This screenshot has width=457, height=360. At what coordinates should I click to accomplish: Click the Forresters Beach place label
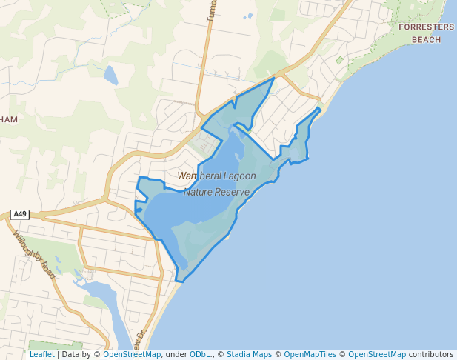click(x=426, y=33)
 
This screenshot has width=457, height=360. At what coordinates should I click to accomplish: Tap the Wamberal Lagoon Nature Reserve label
click(x=217, y=184)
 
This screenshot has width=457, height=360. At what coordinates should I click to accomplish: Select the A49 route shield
click(x=20, y=215)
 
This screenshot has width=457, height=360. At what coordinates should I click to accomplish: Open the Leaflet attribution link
click(x=41, y=355)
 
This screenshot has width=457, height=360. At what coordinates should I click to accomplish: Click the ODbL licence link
click(x=200, y=355)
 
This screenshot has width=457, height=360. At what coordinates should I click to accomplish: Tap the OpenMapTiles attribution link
click(x=310, y=355)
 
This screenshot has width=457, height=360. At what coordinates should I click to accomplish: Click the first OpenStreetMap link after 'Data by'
click(x=132, y=355)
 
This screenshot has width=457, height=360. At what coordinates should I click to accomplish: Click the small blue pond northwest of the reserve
click(x=110, y=75)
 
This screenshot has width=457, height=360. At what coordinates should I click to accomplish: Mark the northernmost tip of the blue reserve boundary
click(x=275, y=77)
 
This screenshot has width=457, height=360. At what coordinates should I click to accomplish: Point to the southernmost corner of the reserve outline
click(x=180, y=281)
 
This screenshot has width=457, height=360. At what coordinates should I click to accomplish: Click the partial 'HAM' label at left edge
click(x=9, y=119)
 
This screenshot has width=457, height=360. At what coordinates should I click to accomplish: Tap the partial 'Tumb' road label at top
click(x=210, y=10)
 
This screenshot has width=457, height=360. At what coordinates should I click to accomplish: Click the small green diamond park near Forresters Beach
click(x=340, y=60)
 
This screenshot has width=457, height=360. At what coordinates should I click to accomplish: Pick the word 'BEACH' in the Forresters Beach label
click(x=426, y=39)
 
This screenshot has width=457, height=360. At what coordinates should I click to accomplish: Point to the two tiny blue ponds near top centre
click(x=248, y=16)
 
